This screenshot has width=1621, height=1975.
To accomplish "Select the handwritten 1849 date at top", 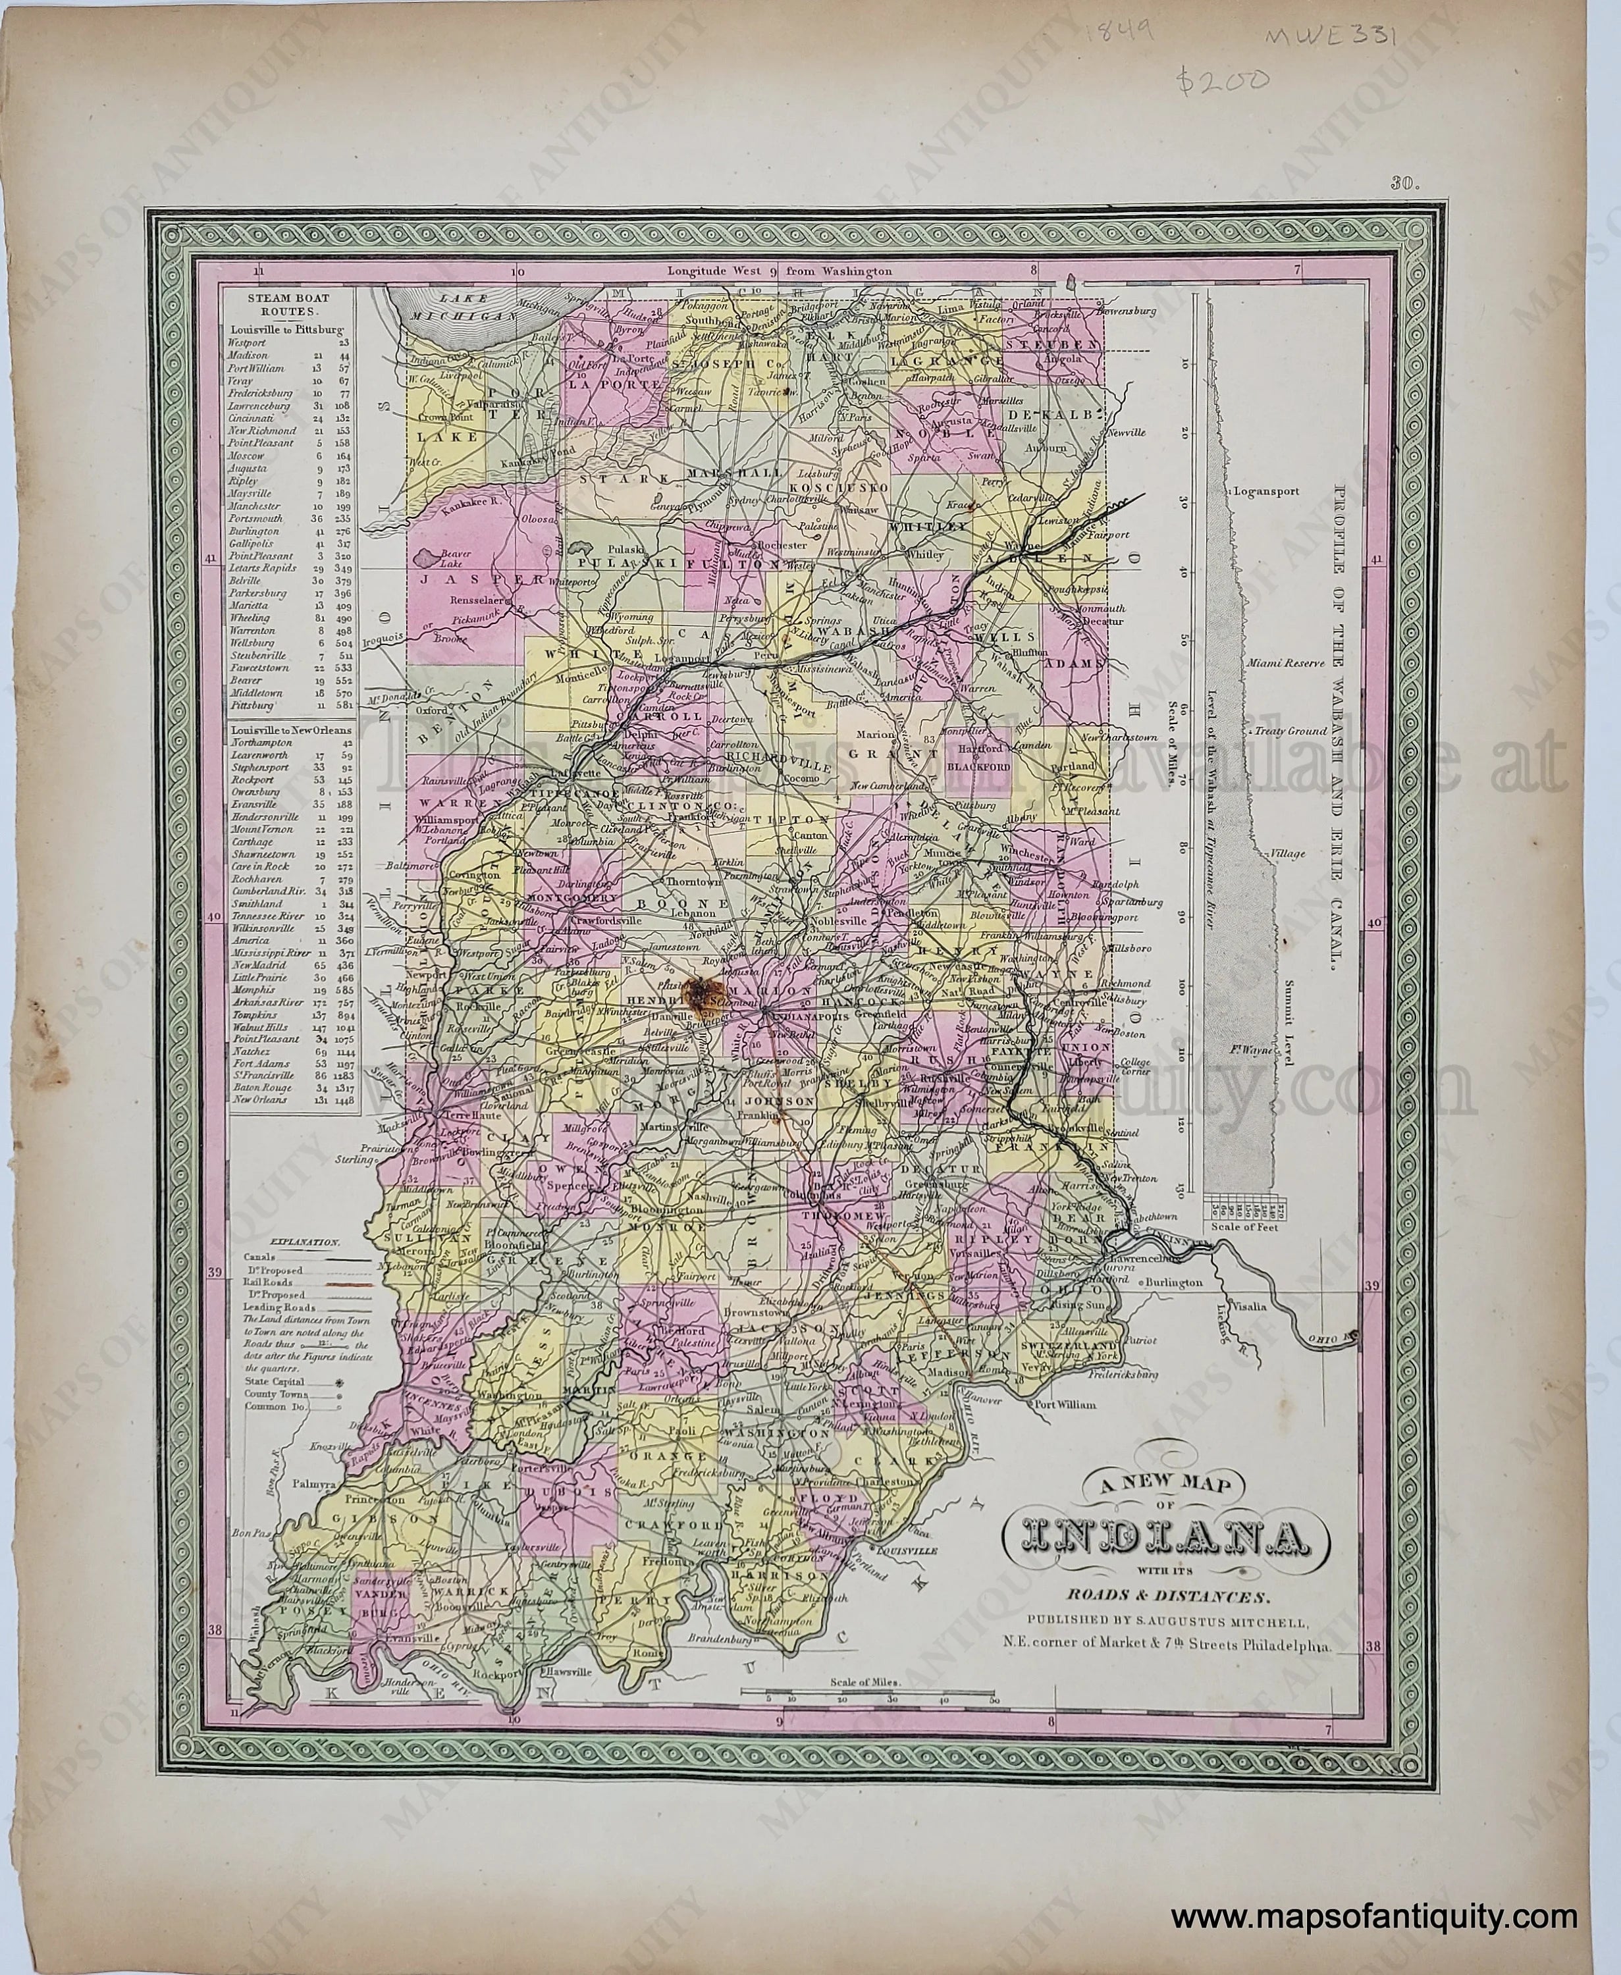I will pos(1123,34).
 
